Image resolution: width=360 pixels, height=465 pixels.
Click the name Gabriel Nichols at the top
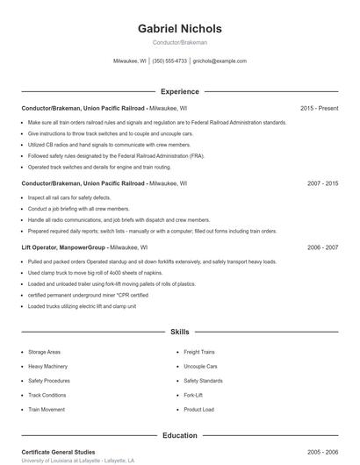coord(180,28)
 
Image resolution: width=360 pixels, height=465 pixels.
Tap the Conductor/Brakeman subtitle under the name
coord(180,42)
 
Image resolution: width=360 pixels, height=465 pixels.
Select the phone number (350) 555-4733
coord(169,61)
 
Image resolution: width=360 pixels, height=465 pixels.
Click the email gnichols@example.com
coord(220,61)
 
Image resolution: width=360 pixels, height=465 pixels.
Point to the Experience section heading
coord(180,91)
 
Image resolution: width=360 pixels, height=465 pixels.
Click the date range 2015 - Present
coord(319,108)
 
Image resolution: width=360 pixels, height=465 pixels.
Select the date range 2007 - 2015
coord(322,184)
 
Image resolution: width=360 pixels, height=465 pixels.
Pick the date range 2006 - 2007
coord(322,247)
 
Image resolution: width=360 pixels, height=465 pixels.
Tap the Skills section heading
coord(180,333)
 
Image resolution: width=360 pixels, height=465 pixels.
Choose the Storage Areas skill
coord(44,351)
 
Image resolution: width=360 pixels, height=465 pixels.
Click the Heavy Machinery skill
coord(47,366)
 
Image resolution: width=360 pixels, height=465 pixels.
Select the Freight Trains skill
coord(200,351)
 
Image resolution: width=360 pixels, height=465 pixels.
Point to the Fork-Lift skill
coord(193,395)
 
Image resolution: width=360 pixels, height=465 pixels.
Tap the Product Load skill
coord(198,410)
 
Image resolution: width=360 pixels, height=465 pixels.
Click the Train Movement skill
coord(47,410)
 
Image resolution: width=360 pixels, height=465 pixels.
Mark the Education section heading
coord(180,435)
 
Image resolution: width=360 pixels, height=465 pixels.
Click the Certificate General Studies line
coord(58,452)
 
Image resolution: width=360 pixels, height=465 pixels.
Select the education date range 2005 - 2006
coord(322,452)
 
